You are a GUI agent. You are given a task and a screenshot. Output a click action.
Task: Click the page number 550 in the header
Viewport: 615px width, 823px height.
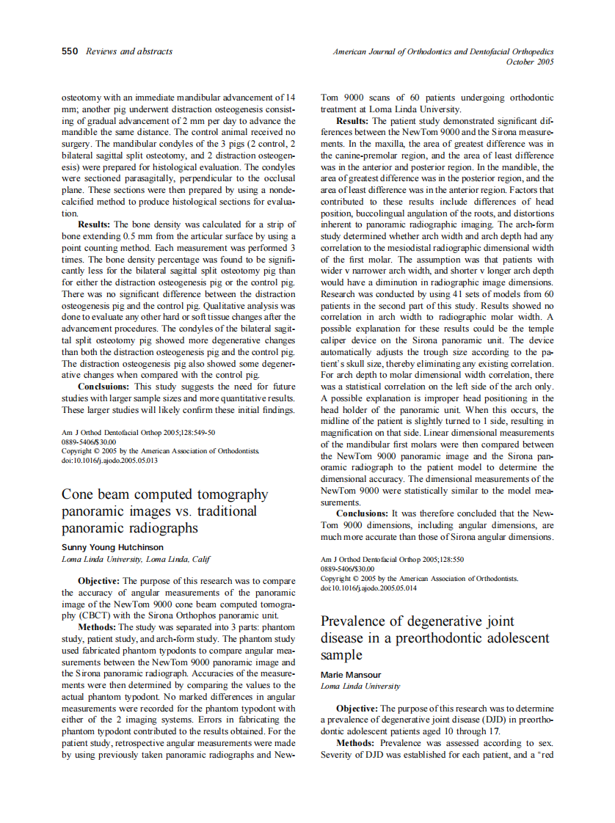pyautogui.click(x=70, y=51)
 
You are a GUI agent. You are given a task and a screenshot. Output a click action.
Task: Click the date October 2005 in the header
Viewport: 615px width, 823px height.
pyautogui.click(x=530, y=62)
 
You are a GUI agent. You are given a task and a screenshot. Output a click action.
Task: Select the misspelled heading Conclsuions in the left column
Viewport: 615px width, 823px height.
pyautogui.click(x=104, y=386)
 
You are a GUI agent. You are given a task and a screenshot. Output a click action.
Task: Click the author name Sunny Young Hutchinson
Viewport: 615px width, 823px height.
pyautogui.click(x=112, y=547)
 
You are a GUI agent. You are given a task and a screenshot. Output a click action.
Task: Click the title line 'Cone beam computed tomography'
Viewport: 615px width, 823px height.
pyautogui.click(x=165, y=494)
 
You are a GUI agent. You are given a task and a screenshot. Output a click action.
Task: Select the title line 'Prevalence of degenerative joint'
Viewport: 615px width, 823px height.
pyautogui.click(x=417, y=621)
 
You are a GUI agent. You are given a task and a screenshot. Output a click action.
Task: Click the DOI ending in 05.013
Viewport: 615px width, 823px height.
pyautogui.click(x=109, y=461)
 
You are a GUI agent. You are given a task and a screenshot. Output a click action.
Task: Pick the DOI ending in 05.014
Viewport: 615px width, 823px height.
pyautogui.click(x=368, y=588)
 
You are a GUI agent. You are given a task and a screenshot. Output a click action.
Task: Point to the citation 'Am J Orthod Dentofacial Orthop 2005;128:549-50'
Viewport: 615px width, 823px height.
pyautogui.click(x=139, y=433)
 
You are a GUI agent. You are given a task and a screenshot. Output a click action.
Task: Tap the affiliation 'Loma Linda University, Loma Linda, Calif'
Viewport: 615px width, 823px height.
pyautogui.click(x=136, y=559)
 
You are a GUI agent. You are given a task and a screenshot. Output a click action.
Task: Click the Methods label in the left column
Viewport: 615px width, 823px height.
pyautogui.click(x=97, y=627)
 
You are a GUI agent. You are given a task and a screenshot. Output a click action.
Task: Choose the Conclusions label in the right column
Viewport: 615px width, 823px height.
pyautogui.click(x=363, y=513)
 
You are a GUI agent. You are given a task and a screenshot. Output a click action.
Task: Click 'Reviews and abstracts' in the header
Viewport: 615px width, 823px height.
pyautogui.click(x=129, y=51)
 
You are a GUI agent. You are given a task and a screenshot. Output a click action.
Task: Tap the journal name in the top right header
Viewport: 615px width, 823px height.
pyautogui.click(x=443, y=51)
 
